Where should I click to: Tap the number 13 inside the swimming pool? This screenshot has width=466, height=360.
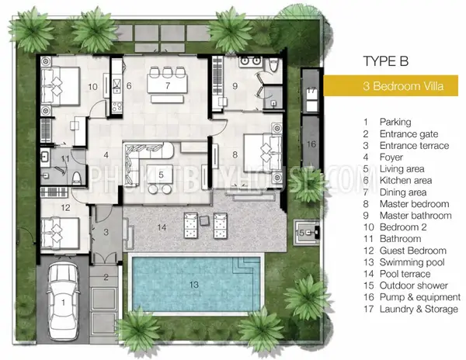point(193,285)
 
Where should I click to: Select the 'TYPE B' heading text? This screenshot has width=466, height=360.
point(386,61)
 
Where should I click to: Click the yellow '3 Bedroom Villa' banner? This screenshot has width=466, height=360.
point(391,86)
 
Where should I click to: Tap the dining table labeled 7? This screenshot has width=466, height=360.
point(167,84)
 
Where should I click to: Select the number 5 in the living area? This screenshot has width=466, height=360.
point(161,175)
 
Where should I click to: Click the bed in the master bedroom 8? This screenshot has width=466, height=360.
point(263,154)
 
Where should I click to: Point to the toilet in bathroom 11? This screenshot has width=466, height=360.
point(77,178)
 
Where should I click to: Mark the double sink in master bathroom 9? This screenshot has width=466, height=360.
point(250,61)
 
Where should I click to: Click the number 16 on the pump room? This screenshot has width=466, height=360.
point(311,144)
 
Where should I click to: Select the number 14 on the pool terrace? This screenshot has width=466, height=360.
point(162,227)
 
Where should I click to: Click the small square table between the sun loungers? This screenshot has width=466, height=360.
point(205,220)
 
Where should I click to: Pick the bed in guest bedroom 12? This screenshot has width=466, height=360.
point(60,233)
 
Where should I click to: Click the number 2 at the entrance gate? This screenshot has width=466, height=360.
point(106,278)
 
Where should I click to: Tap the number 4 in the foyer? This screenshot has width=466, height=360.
point(106,155)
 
